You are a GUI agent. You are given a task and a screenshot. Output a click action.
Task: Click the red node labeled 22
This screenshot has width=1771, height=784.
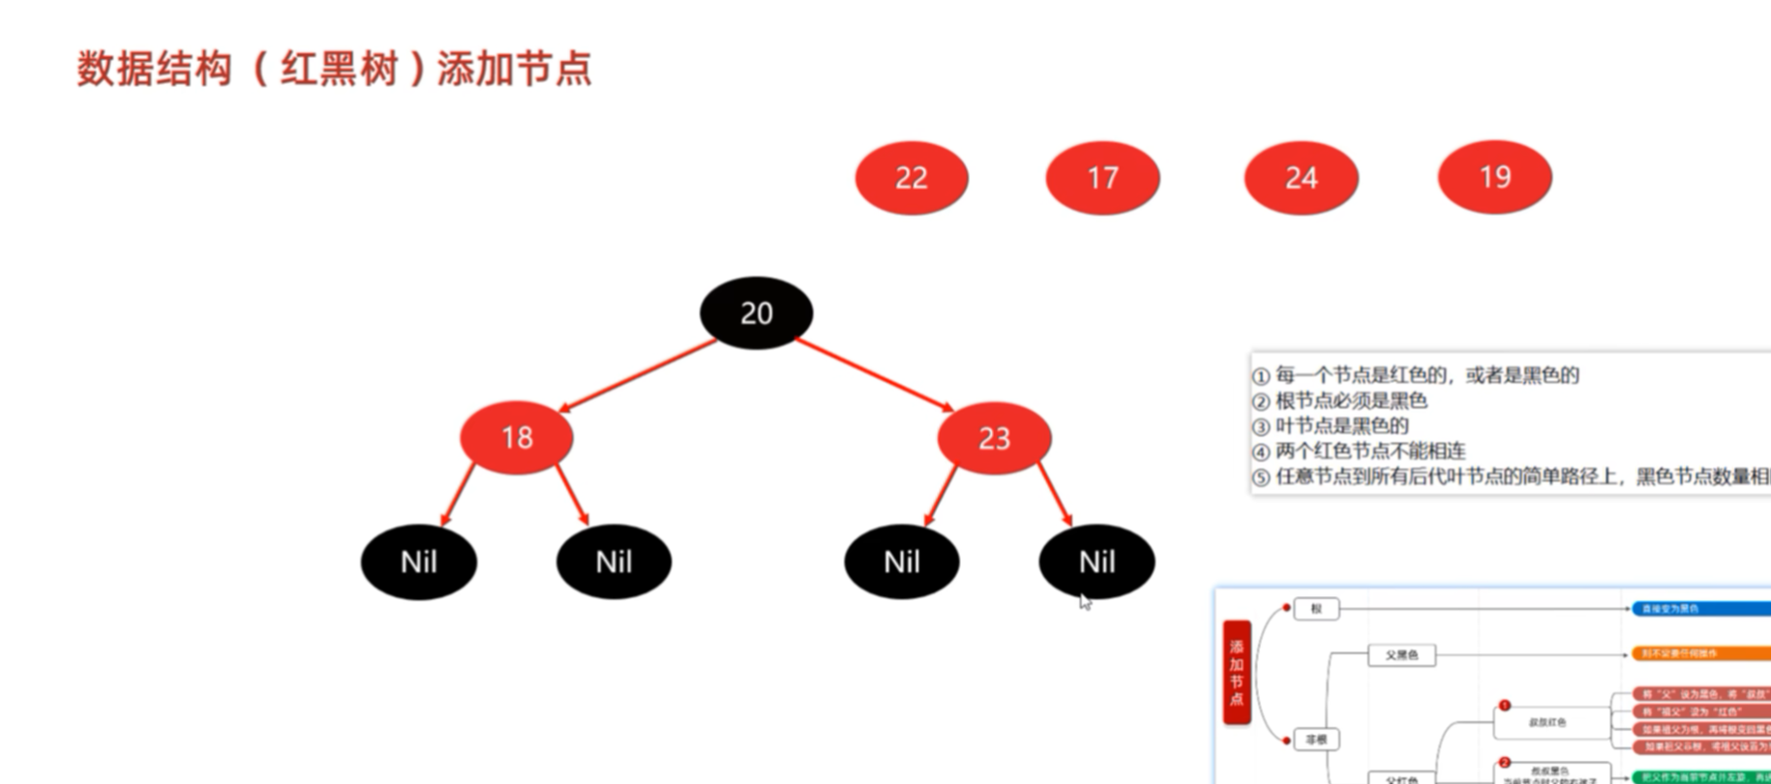(x=911, y=178)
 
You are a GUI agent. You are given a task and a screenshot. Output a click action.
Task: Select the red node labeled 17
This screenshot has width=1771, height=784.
(x=1102, y=178)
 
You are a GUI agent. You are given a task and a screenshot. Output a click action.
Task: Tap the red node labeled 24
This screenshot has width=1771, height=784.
(x=1301, y=178)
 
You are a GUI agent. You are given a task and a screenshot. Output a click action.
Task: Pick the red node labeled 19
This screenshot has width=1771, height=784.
(x=1494, y=177)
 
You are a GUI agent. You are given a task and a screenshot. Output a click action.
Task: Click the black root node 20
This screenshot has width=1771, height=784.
(x=756, y=313)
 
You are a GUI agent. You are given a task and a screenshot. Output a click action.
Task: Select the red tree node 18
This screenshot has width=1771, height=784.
(x=517, y=437)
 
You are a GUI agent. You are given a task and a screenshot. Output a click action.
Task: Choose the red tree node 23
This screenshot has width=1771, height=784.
(x=994, y=438)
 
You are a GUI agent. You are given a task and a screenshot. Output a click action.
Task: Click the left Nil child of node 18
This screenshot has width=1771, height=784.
(x=418, y=561)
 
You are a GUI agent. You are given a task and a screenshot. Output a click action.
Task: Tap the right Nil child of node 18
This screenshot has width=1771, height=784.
(x=614, y=561)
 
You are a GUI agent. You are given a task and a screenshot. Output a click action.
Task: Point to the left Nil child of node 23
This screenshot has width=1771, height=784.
(x=901, y=561)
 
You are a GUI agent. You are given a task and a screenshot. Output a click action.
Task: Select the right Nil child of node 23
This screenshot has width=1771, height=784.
(x=1096, y=561)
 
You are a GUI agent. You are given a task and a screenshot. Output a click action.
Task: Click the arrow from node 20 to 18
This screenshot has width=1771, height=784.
(x=639, y=375)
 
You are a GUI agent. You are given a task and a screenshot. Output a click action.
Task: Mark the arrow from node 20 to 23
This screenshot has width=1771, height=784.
(x=875, y=375)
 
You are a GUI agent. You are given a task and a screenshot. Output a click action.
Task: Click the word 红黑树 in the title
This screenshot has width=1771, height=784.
(x=339, y=70)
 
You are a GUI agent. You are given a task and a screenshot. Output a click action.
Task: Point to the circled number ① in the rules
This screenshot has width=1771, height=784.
(x=1260, y=377)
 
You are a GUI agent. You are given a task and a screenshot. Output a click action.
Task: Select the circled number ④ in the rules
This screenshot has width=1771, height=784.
(x=1260, y=452)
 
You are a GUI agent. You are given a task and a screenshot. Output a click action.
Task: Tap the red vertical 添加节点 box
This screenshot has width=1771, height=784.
(x=1237, y=672)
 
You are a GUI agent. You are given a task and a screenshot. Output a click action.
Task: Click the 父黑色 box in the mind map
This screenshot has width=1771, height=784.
(x=1400, y=655)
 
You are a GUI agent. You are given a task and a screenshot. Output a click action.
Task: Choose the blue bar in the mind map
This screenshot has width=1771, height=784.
(x=1700, y=609)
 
